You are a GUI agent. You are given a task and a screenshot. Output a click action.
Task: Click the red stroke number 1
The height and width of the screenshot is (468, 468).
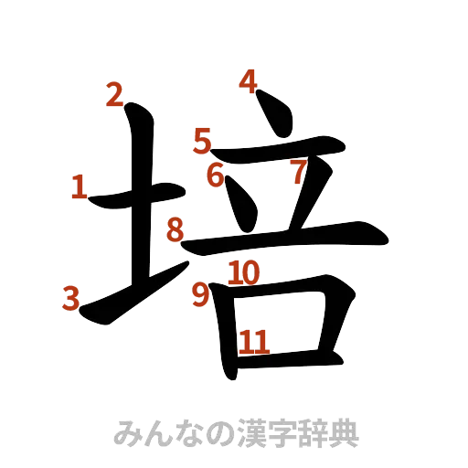pos(80,188)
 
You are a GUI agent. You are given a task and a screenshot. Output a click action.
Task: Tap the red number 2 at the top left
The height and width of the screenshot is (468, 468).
pos(114,95)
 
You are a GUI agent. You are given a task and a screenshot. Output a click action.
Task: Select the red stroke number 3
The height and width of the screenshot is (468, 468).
pos(69,299)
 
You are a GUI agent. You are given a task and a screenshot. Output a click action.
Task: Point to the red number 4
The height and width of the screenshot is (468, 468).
pos(246,81)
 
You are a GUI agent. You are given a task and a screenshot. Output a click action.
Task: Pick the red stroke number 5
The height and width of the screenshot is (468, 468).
pos(202,141)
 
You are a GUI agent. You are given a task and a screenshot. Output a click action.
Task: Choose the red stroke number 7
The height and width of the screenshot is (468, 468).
pos(297,170)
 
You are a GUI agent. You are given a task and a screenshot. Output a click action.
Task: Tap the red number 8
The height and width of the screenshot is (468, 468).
pos(175,230)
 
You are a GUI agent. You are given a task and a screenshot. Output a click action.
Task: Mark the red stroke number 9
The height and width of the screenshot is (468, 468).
pos(201,293)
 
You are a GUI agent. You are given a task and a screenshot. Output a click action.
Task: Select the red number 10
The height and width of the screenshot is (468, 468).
pos(244,271)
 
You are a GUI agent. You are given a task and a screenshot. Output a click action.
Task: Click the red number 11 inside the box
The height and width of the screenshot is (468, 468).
pos(253,343)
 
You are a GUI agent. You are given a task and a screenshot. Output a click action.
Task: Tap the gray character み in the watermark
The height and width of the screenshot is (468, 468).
pos(126,433)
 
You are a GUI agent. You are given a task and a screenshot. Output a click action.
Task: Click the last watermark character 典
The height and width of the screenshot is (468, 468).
pos(346,433)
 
